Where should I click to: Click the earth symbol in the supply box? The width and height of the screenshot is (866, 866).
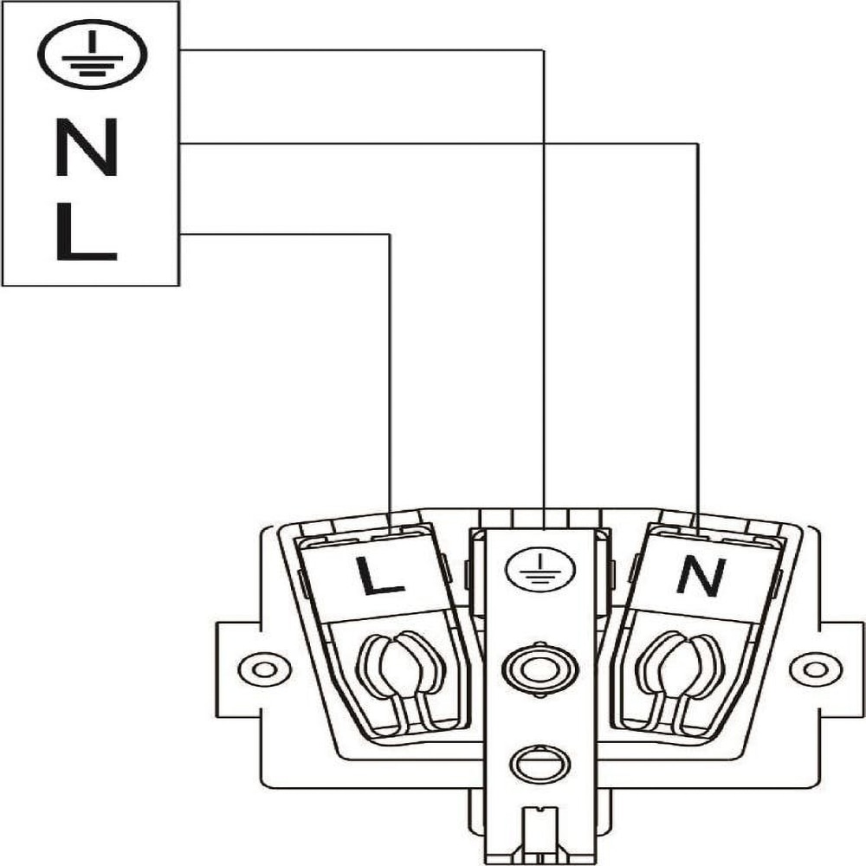tap(92, 55)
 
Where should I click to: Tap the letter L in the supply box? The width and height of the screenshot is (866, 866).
tap(84, 232)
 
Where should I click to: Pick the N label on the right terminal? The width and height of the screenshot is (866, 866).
tap(699, 574)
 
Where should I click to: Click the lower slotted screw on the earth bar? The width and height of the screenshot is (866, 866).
tap(538, 764)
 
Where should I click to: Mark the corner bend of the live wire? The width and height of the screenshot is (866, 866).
tap(391, 234)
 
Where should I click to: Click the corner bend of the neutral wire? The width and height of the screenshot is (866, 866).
tap(698, 144)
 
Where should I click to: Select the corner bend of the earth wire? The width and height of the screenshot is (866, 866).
tap(543, 50)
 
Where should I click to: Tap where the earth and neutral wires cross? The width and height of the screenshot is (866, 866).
tap(543, 144)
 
